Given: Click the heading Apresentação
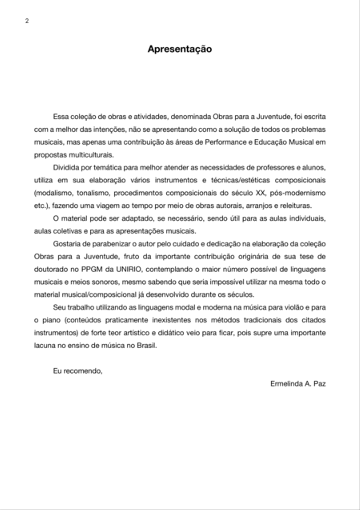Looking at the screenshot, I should (180, 49).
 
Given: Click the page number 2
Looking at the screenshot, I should (27, 21).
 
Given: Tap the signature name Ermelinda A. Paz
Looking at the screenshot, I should (298, 384).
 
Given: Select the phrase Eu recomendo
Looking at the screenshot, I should (78, 371).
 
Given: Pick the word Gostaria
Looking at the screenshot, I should (66, 243).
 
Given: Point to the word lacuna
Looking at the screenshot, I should (45, 345).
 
